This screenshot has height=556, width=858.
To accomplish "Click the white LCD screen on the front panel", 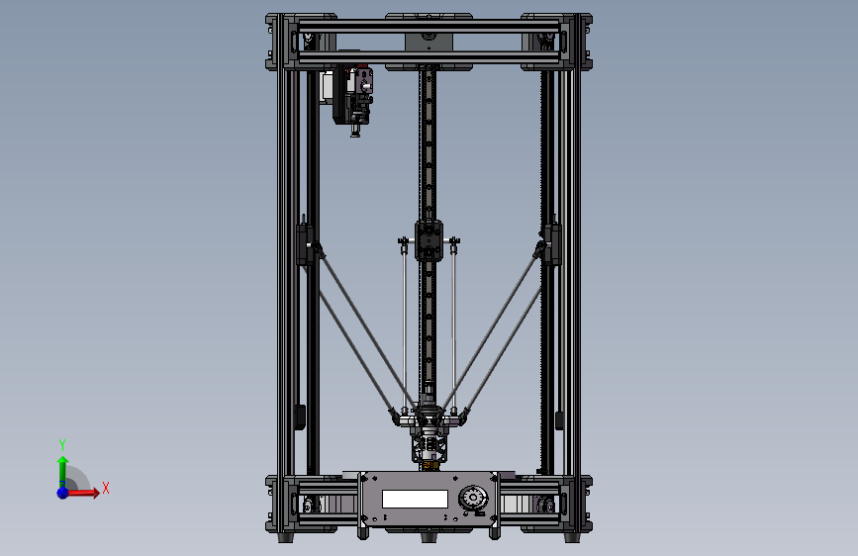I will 415,500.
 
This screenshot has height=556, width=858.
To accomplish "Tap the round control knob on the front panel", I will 472,499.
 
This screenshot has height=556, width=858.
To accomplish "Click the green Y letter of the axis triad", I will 61,444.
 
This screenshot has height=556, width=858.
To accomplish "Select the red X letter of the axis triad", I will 105,488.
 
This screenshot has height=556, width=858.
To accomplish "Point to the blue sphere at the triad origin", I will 62,492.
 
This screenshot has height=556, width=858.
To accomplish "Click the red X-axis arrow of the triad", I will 86,491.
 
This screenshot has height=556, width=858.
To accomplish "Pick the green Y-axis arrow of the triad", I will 62,467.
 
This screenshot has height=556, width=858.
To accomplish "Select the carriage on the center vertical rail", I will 429,240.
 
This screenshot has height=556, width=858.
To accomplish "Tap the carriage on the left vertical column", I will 305,244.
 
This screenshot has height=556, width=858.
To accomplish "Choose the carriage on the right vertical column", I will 551,244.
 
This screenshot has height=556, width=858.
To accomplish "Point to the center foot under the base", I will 429,537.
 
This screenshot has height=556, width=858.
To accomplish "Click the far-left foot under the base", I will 286,538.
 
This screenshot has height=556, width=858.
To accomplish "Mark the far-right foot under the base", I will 572,538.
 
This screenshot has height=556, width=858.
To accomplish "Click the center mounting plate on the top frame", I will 429,41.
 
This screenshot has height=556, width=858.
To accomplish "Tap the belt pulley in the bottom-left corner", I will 310,506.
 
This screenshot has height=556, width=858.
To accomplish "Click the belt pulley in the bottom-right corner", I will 546,506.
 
